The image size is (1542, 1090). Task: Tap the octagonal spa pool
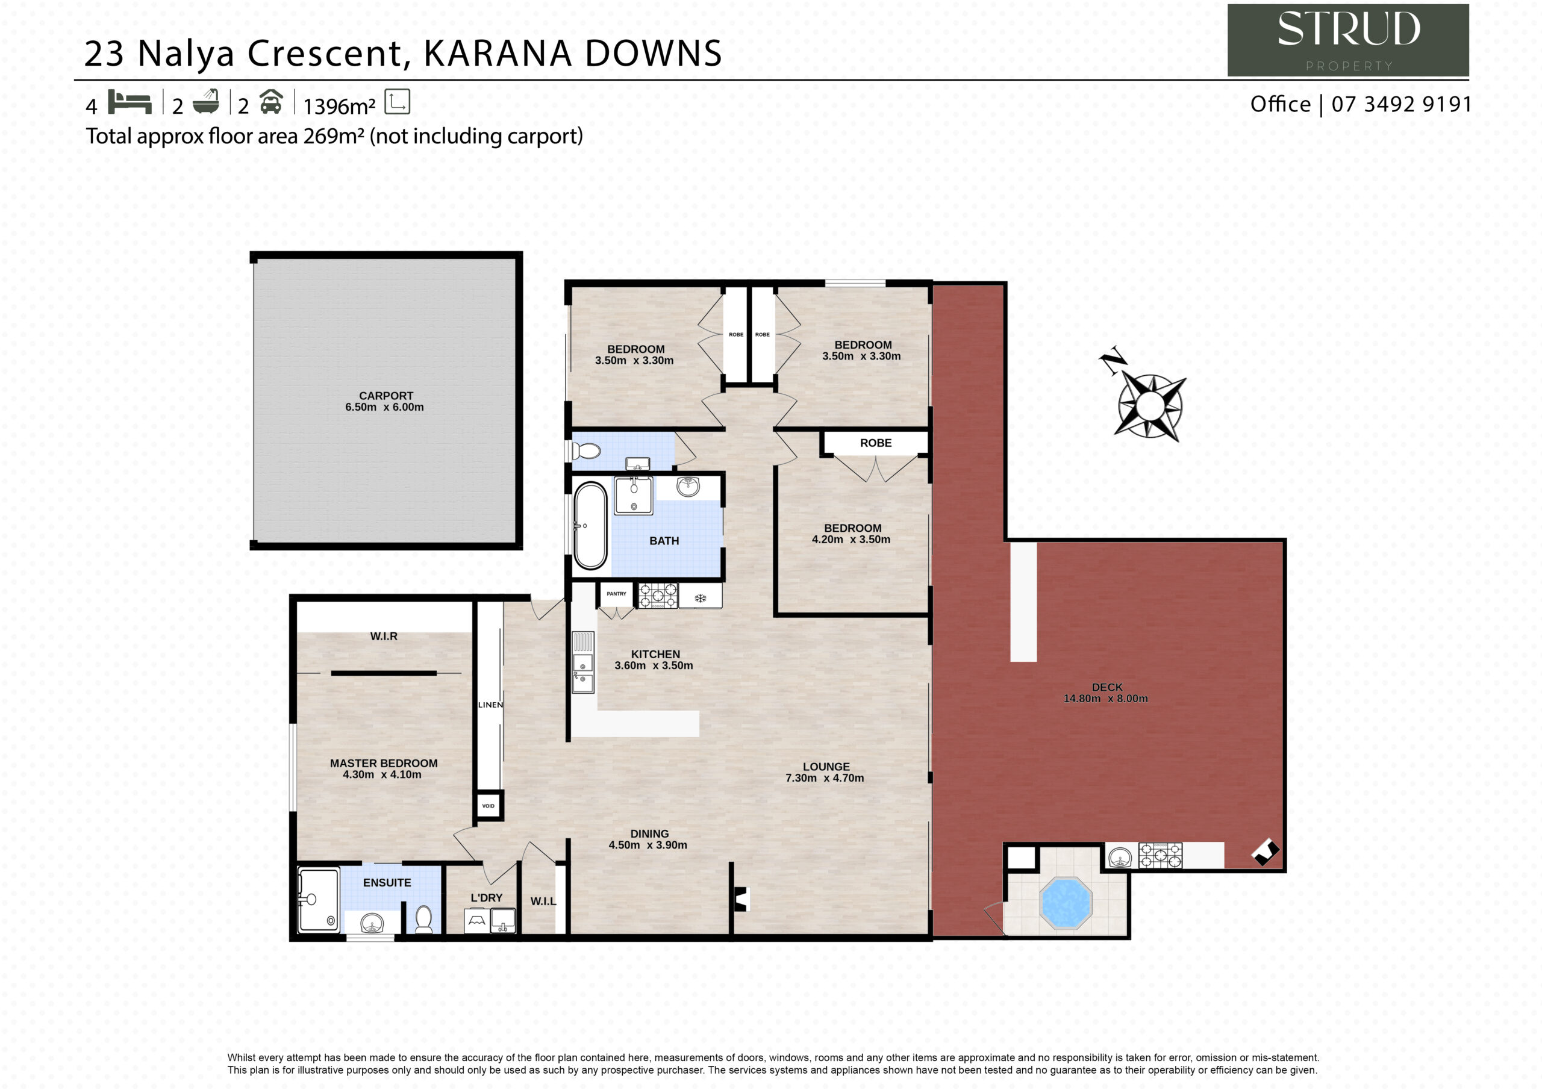pyautogui.click(x=1065, y=903)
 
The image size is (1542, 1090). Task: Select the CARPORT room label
pyautogui.click(x=386, y=396)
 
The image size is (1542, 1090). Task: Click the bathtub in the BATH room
pyautogui.click(x=590, y=526)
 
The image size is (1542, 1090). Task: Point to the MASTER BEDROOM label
pyautogui.click(x=384, y=763)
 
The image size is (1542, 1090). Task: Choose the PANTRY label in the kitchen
pyautogui.click(x=617, y=594)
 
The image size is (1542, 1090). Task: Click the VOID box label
pyautogui.click(x=489, y=806)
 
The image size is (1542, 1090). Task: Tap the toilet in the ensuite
pyautogui.click(x=424, y=920)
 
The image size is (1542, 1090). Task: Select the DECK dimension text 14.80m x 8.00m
pyautogui.click(x=1105, y=699)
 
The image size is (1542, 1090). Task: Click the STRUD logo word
pyautogui.click(x=1348, y=29)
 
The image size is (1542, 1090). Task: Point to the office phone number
pyautogui.click(x=1402, y=104)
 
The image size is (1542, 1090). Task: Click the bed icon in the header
pyautogui.click(x=130, y=102)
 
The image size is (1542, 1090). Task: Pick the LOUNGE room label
pyautogui.click(x=826, y=766)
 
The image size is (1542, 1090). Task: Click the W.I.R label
pyautogui.click(x=384, y=636)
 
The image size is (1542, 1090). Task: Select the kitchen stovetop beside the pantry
pyautogui.click(x=658, y=596)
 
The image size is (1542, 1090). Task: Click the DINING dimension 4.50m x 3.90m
pyautogui.click(x=648, y=845)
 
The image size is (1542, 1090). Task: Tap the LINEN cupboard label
pyautogui.click(x=490, y=705)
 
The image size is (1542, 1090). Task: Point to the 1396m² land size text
pyautogui.click(x=339, y=106)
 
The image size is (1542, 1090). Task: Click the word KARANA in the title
pyautogui.click(x=497, y=53)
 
